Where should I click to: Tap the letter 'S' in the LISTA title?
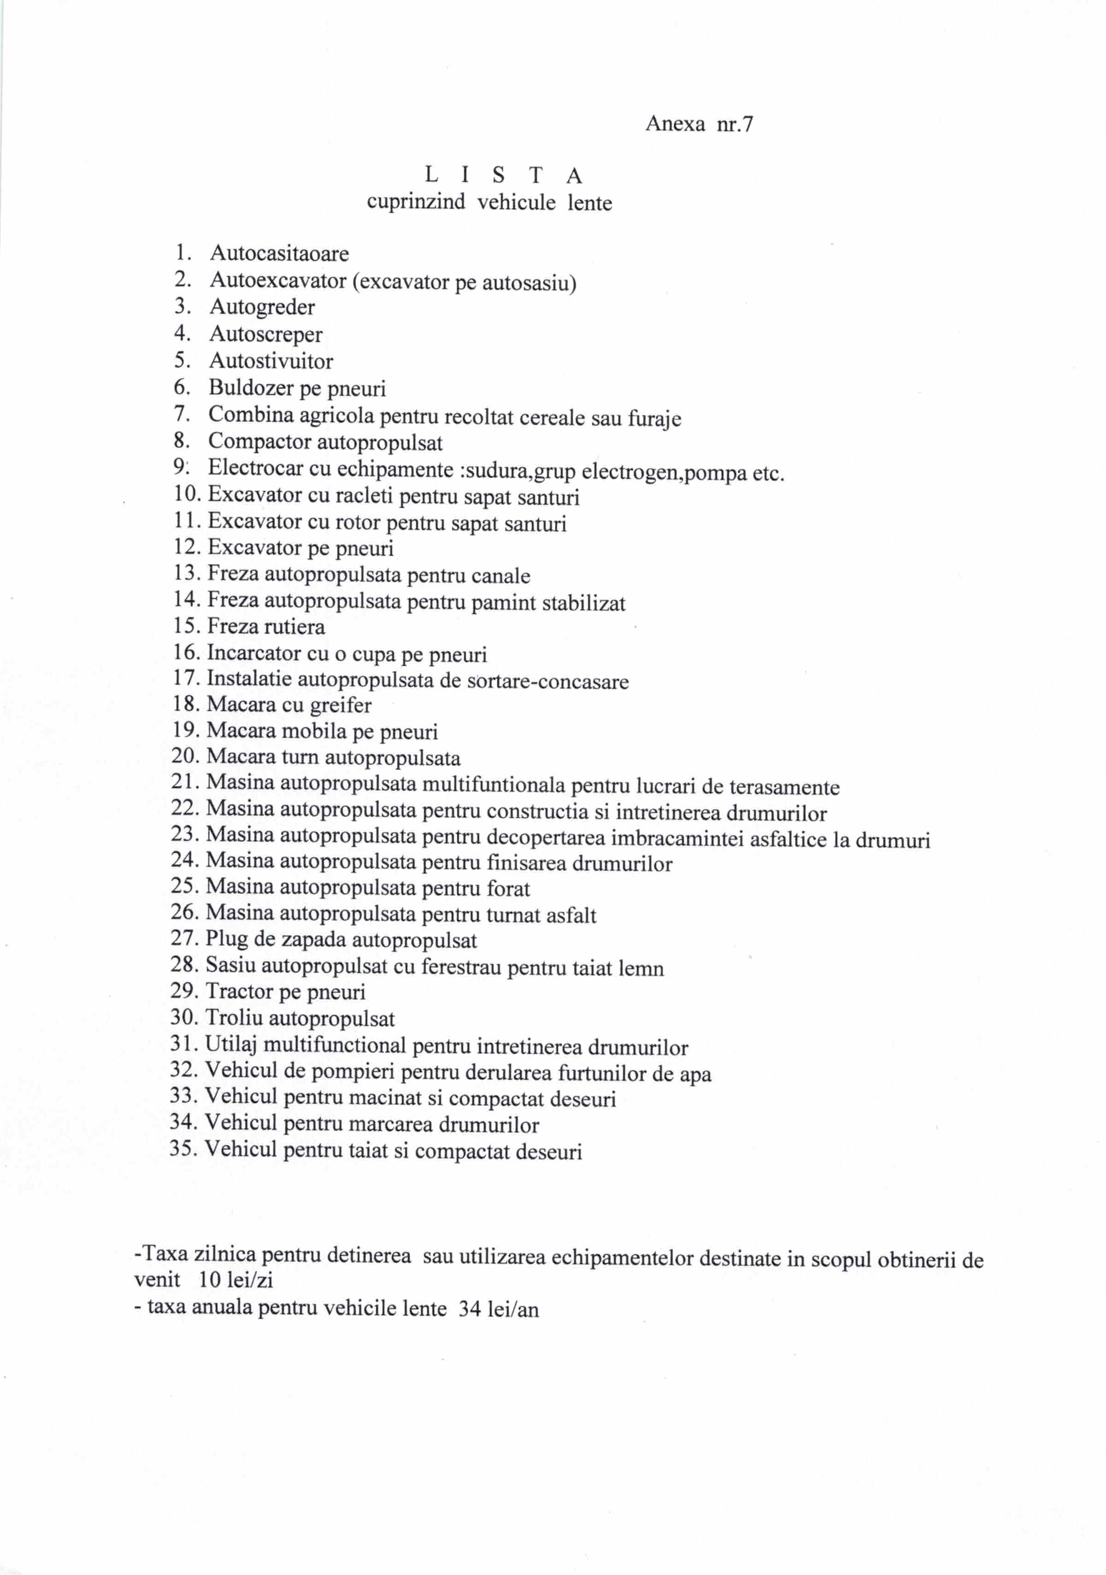tap(499, 176)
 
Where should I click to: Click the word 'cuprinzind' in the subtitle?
tap(416, 202)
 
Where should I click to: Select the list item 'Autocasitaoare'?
tap(279, 254)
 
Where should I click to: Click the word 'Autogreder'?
tap(262, 307)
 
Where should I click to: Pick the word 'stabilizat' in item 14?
tap(583, 603)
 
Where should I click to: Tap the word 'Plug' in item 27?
tap(226, 939)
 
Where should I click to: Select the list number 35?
tap(184, 1149)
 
